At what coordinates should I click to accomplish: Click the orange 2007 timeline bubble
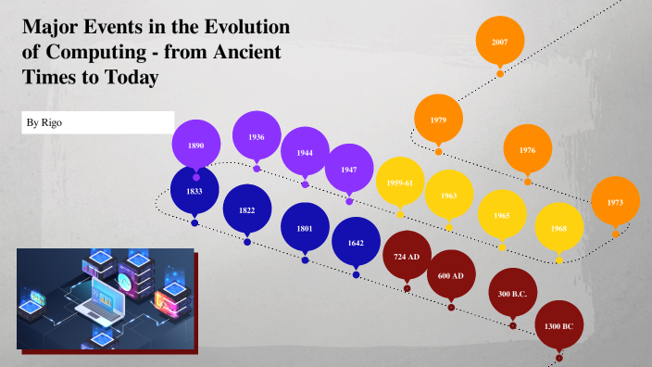coord(499,42)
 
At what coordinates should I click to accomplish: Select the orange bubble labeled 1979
coord(438,120)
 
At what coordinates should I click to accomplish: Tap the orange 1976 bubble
coord(527,149)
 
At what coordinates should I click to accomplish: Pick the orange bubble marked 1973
coord(615,202)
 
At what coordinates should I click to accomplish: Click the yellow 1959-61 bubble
coord(400,183)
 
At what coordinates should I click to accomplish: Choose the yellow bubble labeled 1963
coord(449,196)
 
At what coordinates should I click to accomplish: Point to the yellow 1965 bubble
coord(501,215)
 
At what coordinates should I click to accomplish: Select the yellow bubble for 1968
coord(558,228)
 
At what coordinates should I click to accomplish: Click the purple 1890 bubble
coord(195,146)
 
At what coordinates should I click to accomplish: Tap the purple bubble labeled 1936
coord(257,136)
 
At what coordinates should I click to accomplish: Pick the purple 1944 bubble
coord(305,152)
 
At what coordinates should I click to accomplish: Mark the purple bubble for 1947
coord(348,170)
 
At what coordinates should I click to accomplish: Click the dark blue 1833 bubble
coord(194,191)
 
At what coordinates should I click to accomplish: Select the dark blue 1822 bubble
coord(246,210)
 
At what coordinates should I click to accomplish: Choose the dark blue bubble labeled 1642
coord(356,243)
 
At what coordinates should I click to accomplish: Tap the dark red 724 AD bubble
coord(407,257)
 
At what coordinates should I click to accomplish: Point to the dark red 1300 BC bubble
coord(558,326)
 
